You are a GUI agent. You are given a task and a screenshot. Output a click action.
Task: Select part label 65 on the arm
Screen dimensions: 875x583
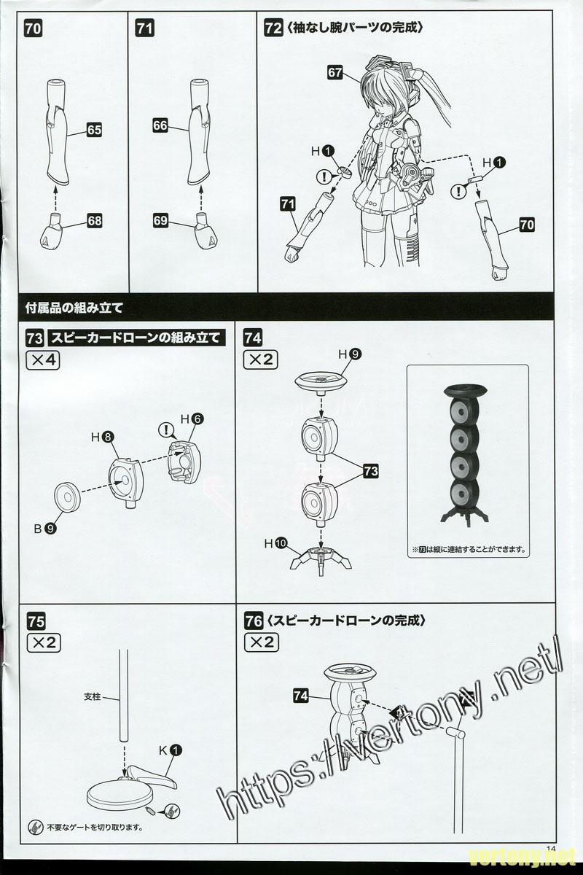coord(94,130)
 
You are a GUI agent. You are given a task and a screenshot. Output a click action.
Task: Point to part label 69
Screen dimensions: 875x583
coord(162,219)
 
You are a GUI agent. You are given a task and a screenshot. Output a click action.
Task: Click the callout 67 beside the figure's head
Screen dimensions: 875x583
coord(334,72)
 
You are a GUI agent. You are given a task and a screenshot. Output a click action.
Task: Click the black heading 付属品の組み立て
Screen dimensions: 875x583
coord(69,307)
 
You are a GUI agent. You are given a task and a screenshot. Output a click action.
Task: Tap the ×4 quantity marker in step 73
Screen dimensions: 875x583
coord(43,360)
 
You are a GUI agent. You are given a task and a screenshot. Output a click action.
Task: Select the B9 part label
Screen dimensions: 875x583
coord(44,529)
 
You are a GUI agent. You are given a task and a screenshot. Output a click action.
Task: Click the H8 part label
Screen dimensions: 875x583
coord(101,437)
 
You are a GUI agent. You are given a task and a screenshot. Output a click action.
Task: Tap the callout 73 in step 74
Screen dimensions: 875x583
coord(370,472)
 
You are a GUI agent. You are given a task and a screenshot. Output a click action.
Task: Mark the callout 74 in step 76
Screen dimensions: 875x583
coord(301,696)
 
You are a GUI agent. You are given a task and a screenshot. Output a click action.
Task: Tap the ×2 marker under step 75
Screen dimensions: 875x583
coord(43,642)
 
